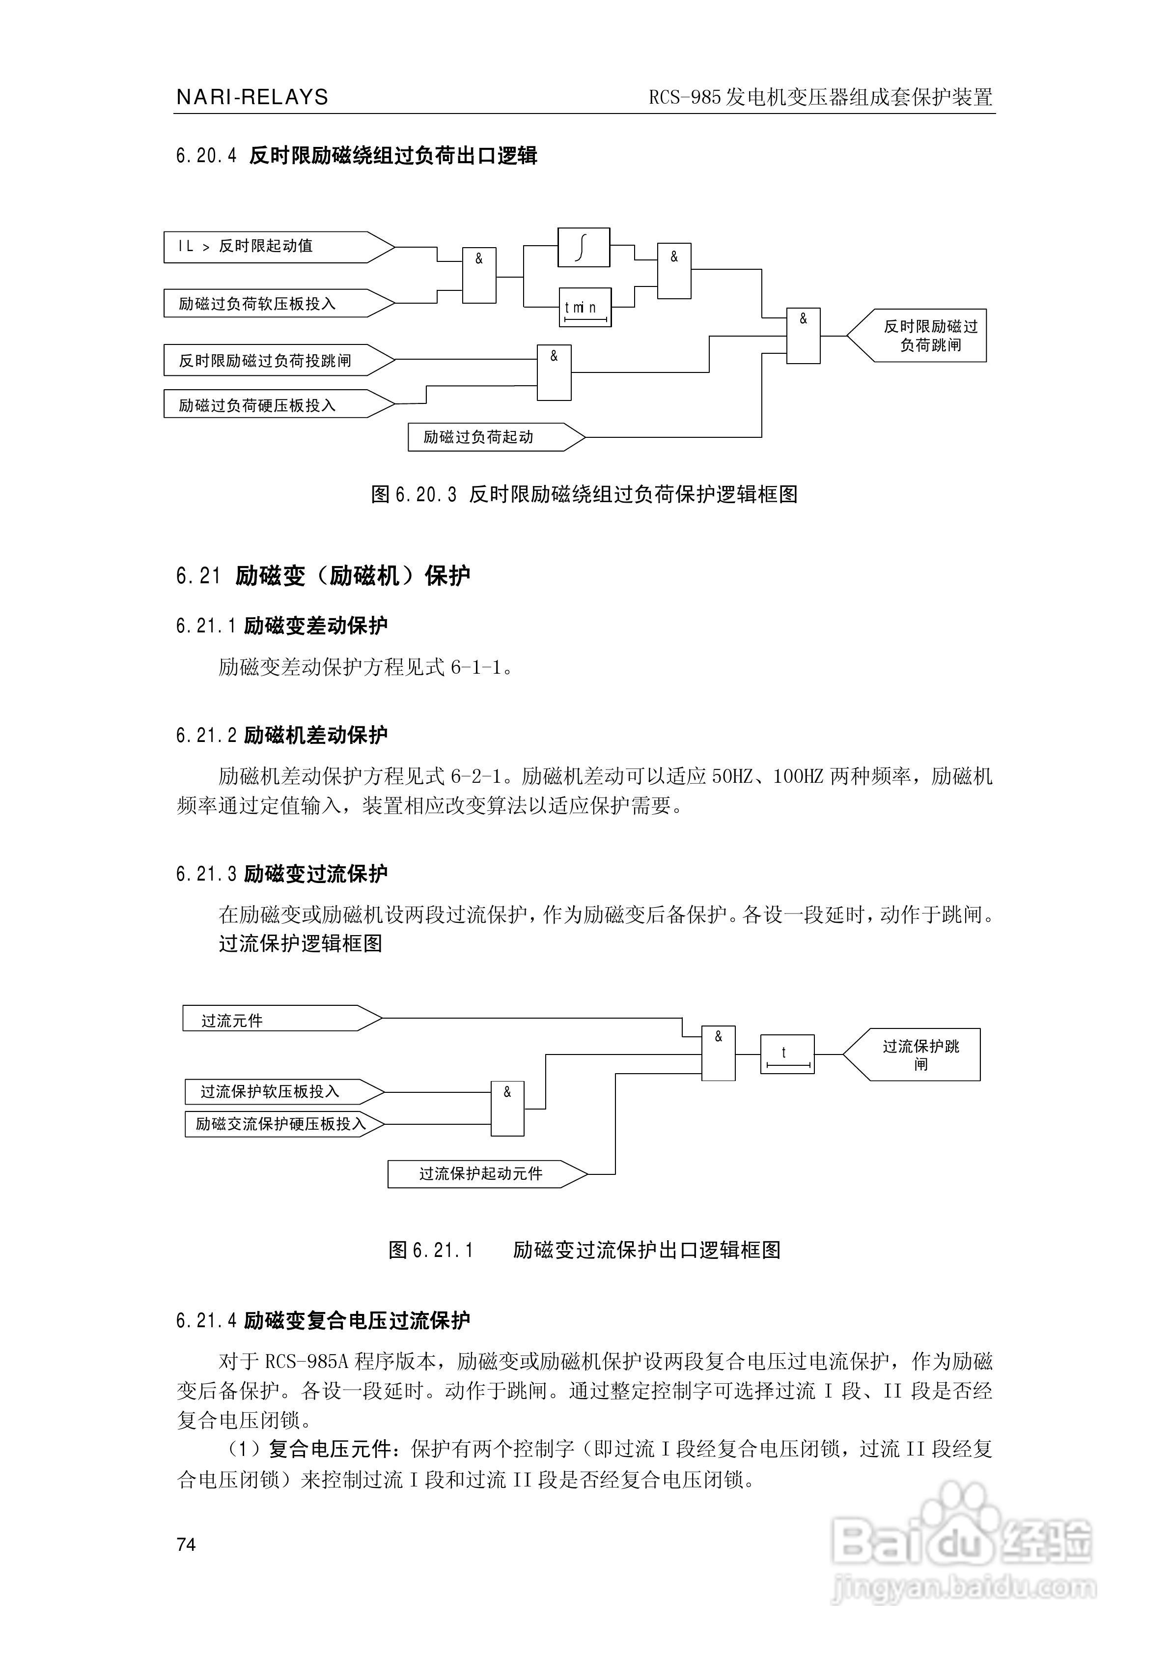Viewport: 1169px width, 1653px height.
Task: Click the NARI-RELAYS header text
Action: pos(252,97)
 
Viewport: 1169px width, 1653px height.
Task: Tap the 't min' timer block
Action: pos(585,308)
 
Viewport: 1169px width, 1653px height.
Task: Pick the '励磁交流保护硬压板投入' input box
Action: pos(281,1124)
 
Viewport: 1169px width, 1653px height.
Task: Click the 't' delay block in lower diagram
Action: pos(787,1054)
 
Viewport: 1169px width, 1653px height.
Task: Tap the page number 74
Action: pos(186,1544)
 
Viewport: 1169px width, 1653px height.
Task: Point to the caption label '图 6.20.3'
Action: pos(413,495)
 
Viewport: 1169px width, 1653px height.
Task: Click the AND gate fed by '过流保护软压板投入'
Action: pos(507,1109)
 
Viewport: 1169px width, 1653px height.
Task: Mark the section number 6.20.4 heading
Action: pos(206,155)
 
